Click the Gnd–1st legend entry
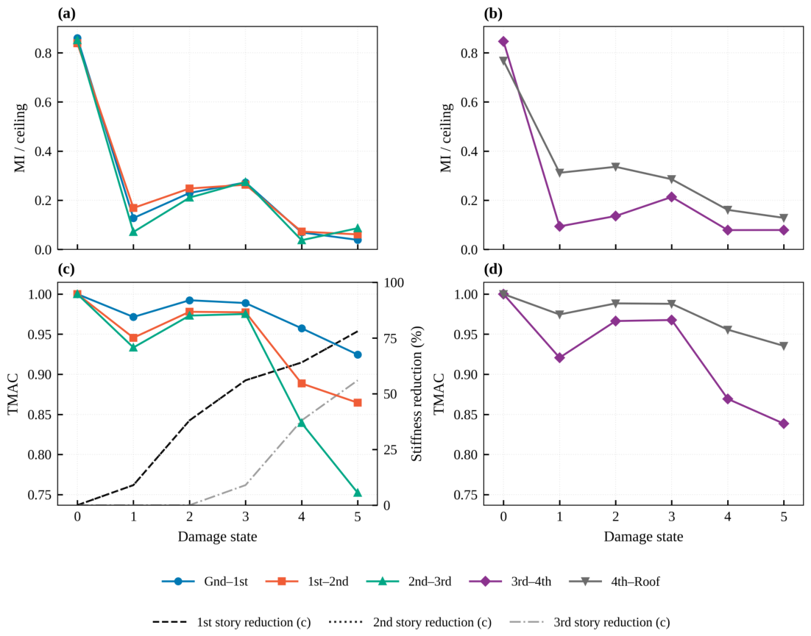click(x=205, y=582)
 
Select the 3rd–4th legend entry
click(x=511, y=582)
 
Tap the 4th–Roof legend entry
click(x=615, y=582)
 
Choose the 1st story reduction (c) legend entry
click(x=232, y=622)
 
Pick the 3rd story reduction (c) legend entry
click(x=589, y=622)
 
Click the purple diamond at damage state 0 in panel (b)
click(x=503, y=41)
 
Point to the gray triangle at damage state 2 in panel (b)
click(x=615, y=167)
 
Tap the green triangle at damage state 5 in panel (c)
click(x=358, y=493)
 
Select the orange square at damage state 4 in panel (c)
click(x=302, y=383)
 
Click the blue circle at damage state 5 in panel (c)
click(x=358, y=354)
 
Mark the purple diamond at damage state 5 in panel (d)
click(x=784, y=424)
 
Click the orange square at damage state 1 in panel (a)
click(x=133, y=208)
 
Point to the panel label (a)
click(x=67, y=14)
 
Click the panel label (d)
click(x=493, y=269)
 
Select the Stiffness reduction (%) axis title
click(x=417, y=393)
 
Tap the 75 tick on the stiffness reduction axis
click(x=390, y=338)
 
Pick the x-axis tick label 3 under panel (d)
click(x=672, y=516)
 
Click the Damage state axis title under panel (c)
click(x=217, y=537)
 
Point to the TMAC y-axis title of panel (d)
click(x=439, y=393)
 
